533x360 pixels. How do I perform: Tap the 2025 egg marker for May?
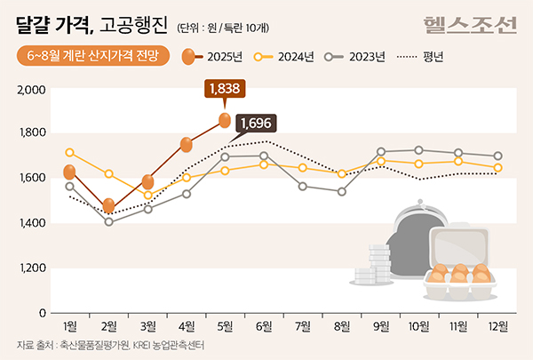(226, 120)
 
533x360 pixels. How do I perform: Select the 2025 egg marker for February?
(108, 206)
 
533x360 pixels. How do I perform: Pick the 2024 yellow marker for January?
(70, 153)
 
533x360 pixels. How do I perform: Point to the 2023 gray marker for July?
(303, 186)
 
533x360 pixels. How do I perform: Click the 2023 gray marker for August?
(342, 191)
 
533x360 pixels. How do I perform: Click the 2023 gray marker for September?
(381, 152)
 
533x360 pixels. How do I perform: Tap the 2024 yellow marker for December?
(497, 167)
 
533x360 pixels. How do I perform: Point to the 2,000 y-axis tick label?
(31, 90)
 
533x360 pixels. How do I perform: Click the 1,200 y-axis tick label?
(31, 268)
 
